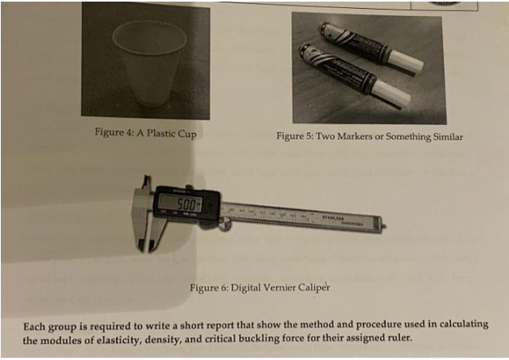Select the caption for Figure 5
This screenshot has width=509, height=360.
pos(369,136)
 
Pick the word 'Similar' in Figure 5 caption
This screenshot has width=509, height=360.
pos(445,136)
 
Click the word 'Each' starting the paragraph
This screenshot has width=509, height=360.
pos(35,325)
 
